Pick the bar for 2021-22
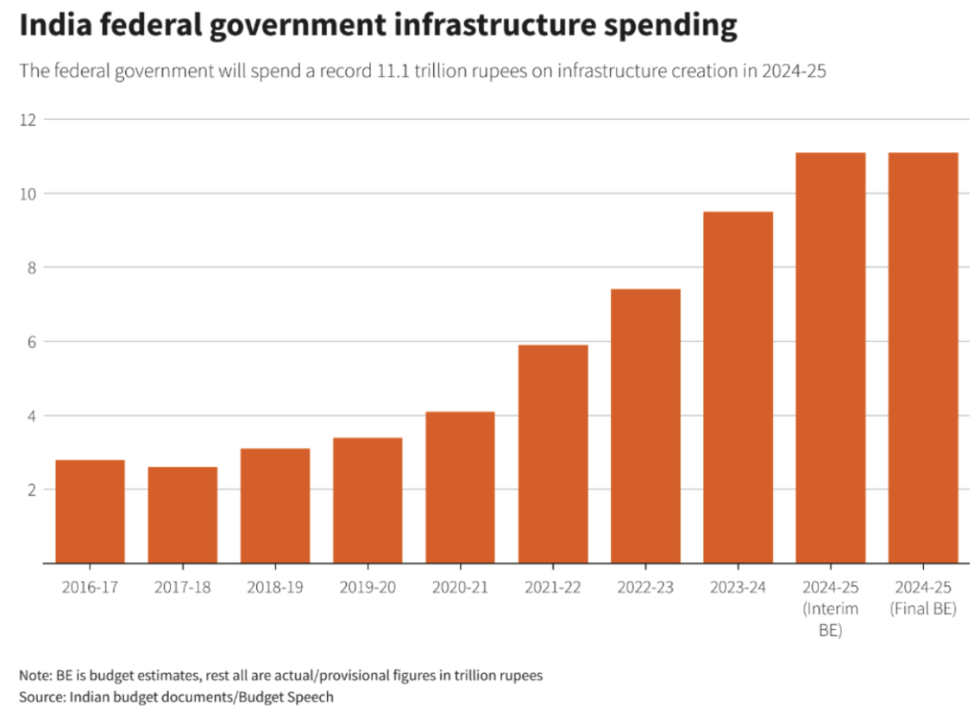coord(553,454)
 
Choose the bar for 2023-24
coord(738,388)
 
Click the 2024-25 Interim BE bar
coord(830,357)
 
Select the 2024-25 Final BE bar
coord(923,357)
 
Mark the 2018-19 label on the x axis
coord(275,588)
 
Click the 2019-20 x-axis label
coord(367,588)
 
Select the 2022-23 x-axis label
coord(645,588)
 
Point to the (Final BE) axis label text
coord(923,609)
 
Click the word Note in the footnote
coord(33,675)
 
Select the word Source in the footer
coord(40,696)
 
